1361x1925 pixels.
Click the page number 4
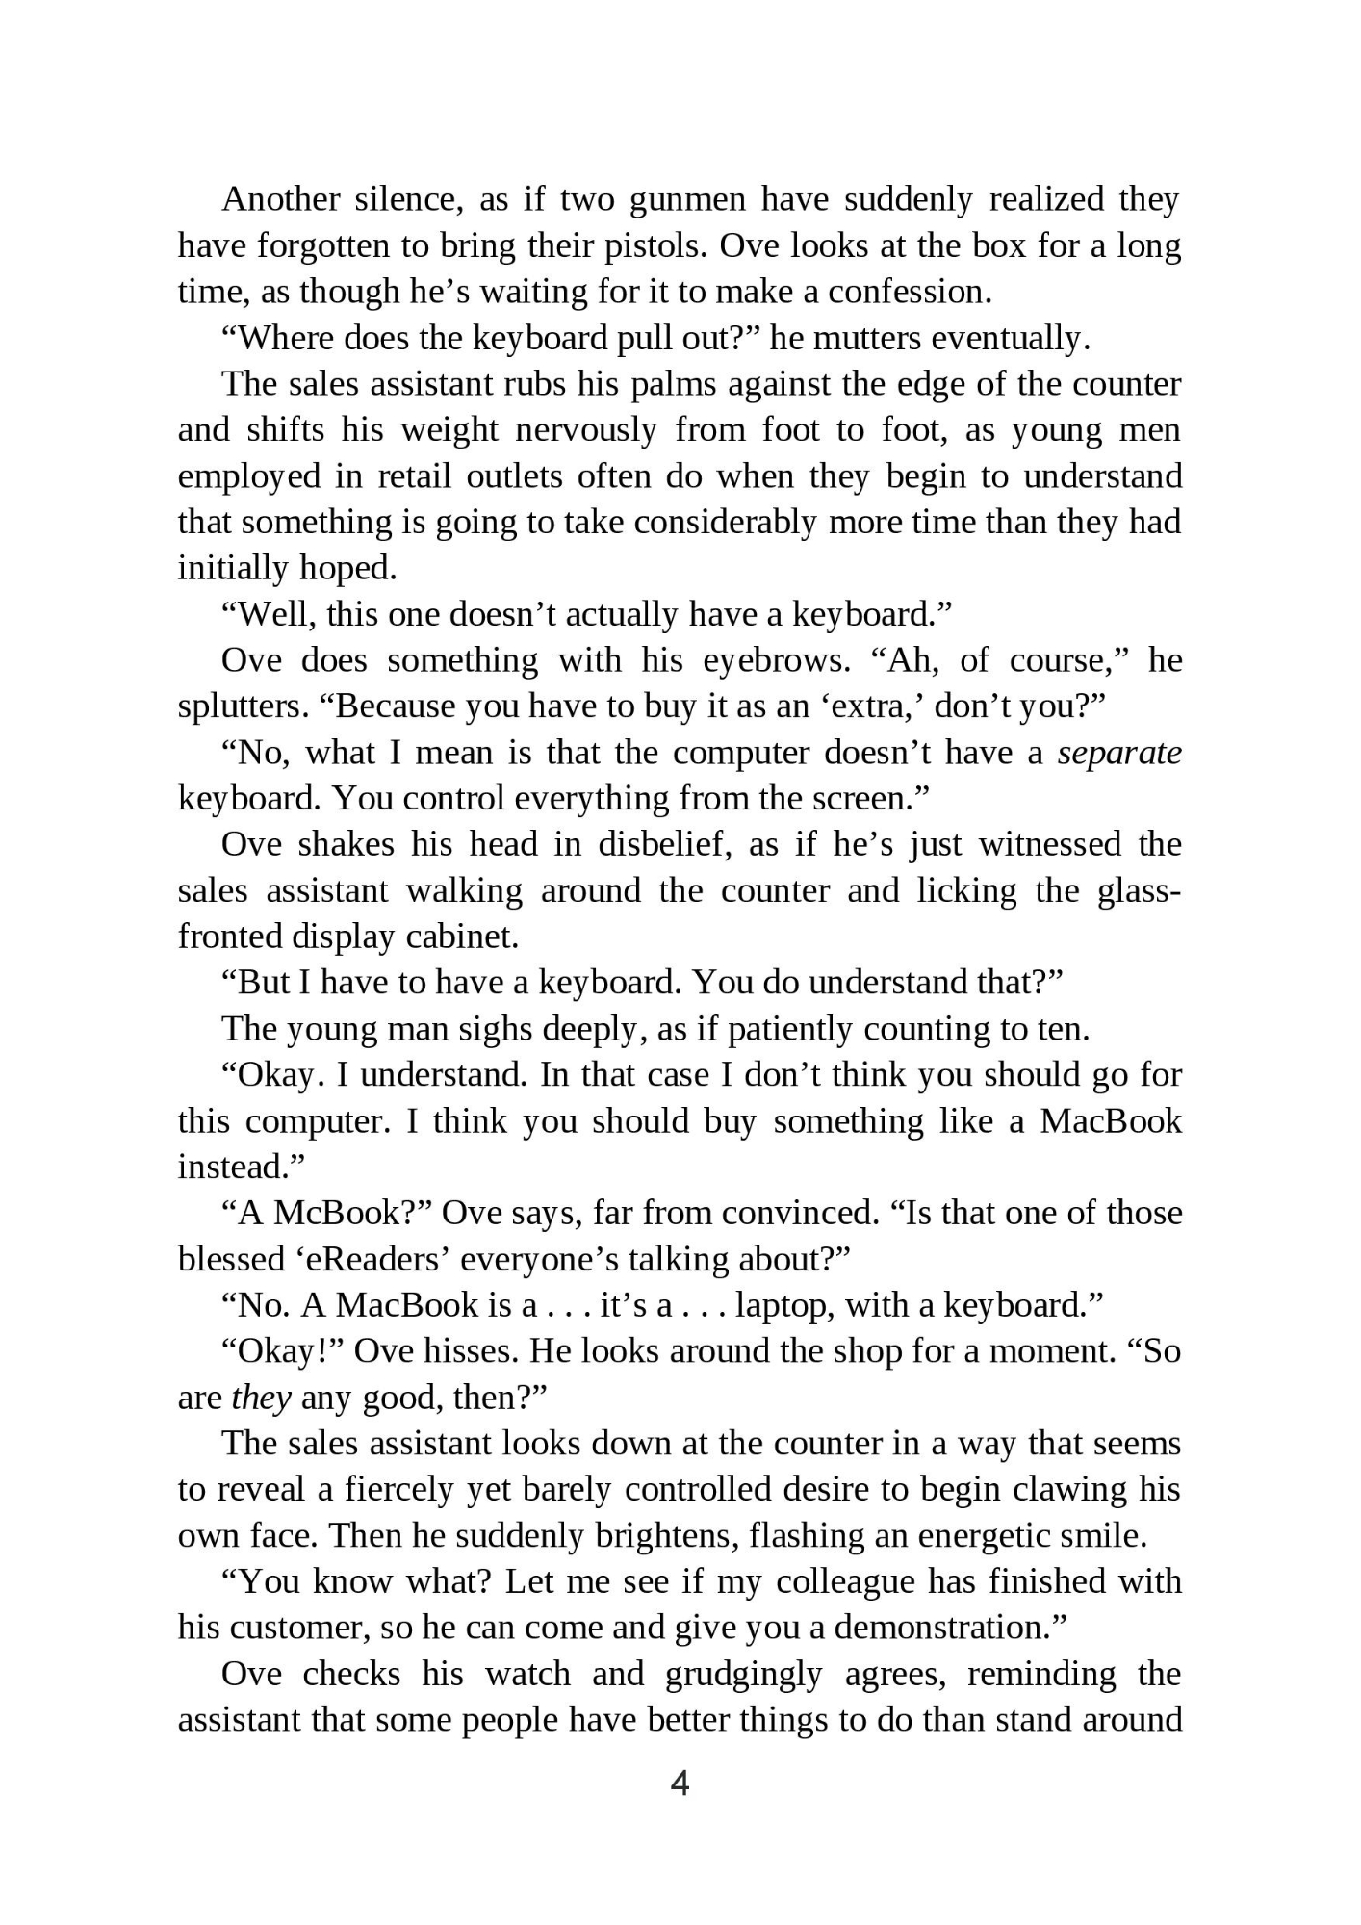[680, 1784]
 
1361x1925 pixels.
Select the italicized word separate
[1119, 753]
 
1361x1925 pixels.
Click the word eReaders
[371, 1259]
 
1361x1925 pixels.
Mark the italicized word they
[261, 1398]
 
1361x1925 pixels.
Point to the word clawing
[1066, 1490]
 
